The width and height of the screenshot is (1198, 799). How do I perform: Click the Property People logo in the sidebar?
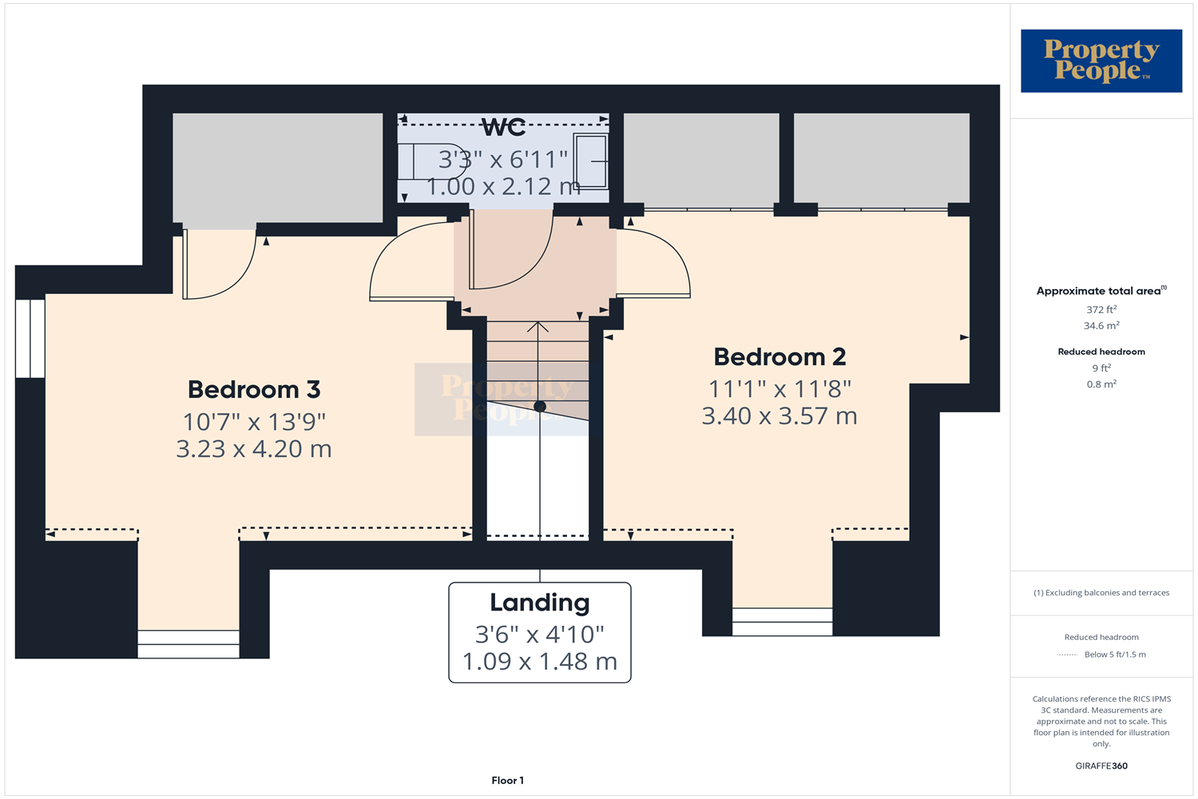[1101, 61]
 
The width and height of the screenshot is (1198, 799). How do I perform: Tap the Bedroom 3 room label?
[254, 390]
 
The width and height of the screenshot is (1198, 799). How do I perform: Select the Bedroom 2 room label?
[779, 357]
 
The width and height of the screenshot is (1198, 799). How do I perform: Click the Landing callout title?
[540, 603]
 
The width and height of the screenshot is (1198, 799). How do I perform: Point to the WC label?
[504, 128]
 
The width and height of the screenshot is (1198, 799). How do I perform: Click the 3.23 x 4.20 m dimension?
[254, 449]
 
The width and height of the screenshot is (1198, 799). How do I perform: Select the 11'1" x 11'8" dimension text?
[779, 389]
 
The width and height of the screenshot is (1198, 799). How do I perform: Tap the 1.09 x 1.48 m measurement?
[540, 662]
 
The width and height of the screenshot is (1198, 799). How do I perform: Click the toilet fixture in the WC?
[431, 161]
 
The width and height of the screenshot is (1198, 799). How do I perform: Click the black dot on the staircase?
[540, 407]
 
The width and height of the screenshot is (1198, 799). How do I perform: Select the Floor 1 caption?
[508, 781]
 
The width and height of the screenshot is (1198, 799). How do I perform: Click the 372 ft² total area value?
[1101, 310]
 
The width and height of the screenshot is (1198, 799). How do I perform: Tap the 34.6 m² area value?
[1101, 326]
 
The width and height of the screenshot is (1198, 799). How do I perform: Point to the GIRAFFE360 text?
[1101, 765]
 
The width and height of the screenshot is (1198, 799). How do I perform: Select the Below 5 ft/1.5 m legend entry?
[1114, 654]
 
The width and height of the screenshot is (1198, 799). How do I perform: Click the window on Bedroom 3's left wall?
[30, 338]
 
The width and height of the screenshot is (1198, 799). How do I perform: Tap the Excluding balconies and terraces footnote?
[1101, 593]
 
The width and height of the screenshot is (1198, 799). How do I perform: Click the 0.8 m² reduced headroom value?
[1101, 384]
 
